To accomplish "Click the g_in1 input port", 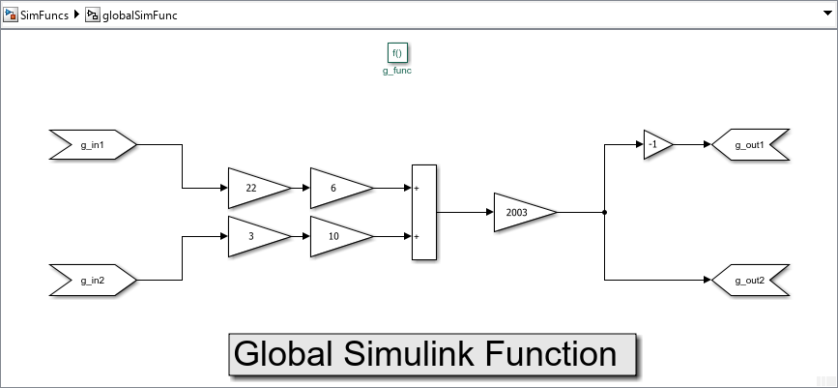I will tap(93, 145).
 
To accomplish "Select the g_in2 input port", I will tap(93, 281).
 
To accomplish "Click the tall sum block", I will tap(423, 212).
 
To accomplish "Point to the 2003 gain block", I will tap(522, 211).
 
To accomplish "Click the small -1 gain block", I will tap(656, 145).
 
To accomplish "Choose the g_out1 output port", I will tap(750, 145).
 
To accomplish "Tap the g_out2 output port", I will tap(750, 281).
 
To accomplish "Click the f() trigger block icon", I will tap(396, 53).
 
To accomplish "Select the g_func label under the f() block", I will tap(396, 71).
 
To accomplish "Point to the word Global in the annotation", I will tap(279, 354).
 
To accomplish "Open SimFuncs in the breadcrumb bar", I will tap(43, 15).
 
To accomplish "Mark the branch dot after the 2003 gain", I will tap(604, 212).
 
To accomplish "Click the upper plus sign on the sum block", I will tap(417, 189).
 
